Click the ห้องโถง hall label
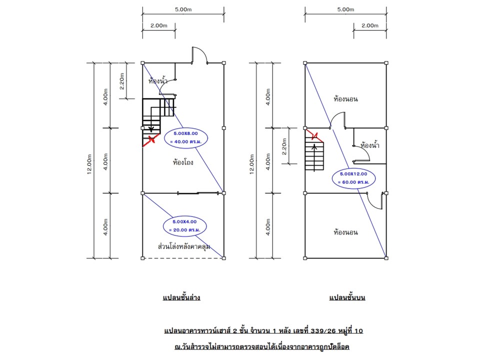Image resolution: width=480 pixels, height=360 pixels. click(183, 162)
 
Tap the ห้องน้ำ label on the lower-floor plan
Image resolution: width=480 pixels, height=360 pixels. click(158, 80)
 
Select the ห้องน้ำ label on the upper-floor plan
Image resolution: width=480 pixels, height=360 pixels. click(369, 145)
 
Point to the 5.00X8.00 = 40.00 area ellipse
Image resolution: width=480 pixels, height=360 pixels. click(185, 137)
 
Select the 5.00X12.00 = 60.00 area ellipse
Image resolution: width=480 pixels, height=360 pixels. click(353, 178)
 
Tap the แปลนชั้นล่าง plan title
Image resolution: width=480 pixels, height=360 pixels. click(181, 297)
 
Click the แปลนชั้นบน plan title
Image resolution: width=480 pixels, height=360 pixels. click(347, 297)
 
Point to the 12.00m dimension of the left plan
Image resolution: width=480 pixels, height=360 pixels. click(90, 161)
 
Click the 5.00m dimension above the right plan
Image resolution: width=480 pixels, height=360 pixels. click(345, 9)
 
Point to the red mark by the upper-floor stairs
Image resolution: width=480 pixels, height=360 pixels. click(314, 135)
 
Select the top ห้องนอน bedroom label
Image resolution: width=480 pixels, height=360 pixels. click(345, 99)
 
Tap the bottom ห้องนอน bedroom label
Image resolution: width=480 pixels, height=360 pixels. click(345, 232)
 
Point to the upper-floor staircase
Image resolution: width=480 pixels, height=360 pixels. click(314, 154)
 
